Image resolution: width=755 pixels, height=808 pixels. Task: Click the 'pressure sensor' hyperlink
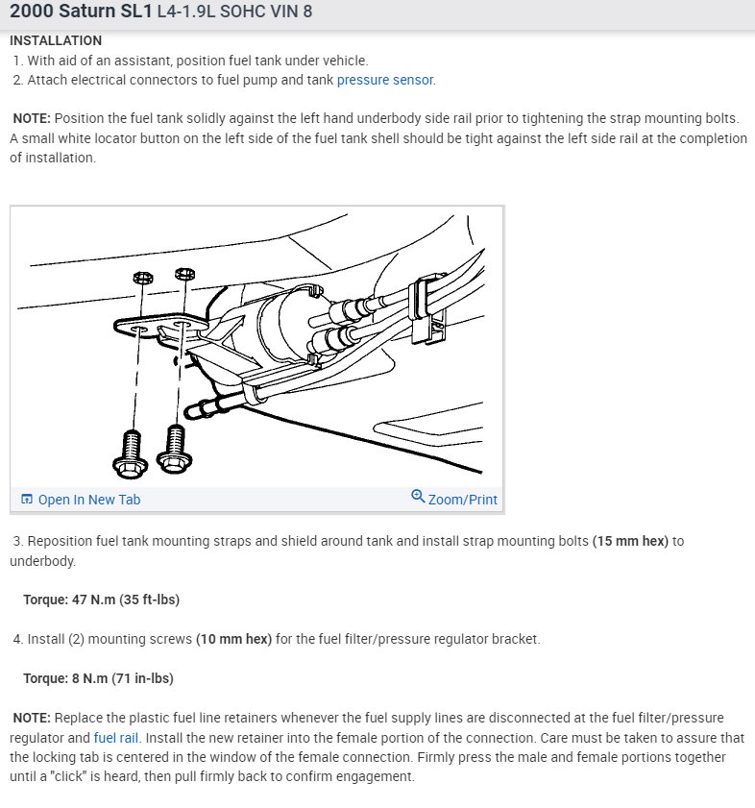(x=385, y=80)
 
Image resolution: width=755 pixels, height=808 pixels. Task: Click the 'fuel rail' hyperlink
(x=117, y=738)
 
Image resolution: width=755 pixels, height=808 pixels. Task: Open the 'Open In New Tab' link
(x=88, y=499)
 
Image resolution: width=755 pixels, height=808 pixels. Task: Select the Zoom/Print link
(x=462, y=499)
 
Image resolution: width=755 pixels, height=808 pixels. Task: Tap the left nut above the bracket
(x=139, y=278)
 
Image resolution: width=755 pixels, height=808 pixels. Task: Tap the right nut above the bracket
(x=185, y=275)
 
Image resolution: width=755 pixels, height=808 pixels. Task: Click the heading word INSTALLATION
(x=56, y=41)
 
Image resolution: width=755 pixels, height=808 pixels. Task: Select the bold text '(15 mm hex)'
(x=629, y=541)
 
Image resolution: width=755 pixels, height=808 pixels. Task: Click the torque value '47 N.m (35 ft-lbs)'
(x=125, y=600)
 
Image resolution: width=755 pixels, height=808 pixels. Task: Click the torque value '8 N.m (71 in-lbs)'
(x=122, y=678)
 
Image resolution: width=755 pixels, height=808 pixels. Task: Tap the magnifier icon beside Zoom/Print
(x=418, y=497)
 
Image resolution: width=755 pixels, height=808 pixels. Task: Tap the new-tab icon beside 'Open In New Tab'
(x=27, y=499)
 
